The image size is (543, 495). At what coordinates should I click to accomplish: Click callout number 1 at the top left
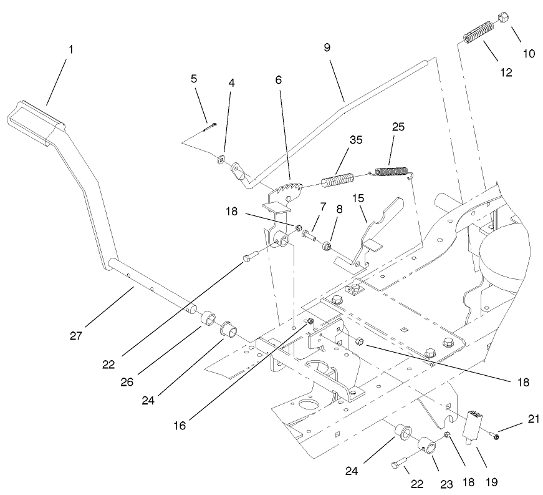[70, 49]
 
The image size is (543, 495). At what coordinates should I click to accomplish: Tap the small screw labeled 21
[493, 435]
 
